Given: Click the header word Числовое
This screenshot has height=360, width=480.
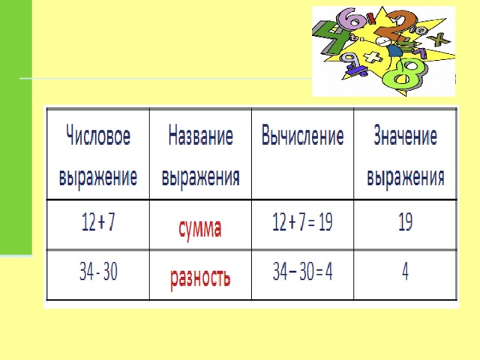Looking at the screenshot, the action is pos(98,135).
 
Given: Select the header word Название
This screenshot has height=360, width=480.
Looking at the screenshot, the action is pos(200,135).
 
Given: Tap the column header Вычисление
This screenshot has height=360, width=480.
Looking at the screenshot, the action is pos(302,135).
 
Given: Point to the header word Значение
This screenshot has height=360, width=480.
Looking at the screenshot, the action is pos(405,135).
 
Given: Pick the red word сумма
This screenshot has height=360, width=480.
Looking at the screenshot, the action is pos(200,229).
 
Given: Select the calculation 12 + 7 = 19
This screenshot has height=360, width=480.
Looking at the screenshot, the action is pos(302,222).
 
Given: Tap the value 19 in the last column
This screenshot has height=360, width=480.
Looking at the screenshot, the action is pos(405,222).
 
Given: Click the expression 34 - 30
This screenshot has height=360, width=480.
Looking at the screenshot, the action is pos(98,271).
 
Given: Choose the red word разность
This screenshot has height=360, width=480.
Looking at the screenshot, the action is pos(200,277).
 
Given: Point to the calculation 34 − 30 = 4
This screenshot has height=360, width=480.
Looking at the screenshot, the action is pos(302,271).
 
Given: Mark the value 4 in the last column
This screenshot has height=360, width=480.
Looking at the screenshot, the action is pos(405,271).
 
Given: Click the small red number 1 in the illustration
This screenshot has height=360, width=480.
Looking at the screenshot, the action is pos(371,18).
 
